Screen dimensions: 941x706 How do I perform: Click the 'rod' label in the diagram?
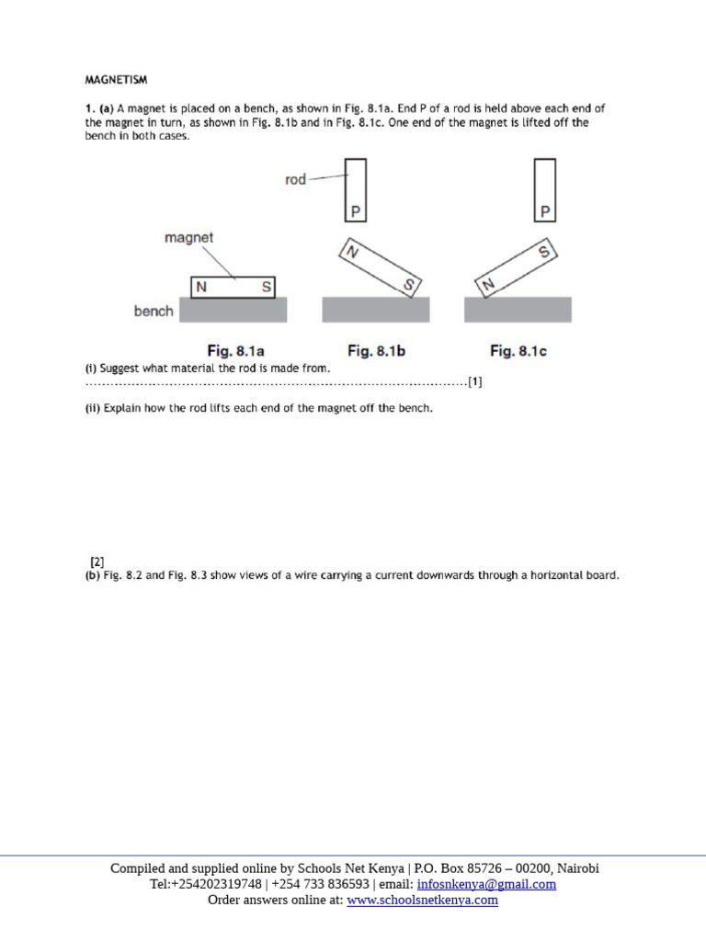click(x=295, y=180)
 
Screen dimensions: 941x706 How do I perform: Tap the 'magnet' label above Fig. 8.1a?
click(x=189, y=238)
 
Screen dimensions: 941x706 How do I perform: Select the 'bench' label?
click(x=153, y=312)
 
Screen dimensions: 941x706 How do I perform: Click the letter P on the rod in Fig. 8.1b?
click(x=356, y=212)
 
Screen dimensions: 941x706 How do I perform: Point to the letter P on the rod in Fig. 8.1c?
click(x=545, y=212)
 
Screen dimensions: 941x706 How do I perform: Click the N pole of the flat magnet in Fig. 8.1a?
click(x=199, y=288)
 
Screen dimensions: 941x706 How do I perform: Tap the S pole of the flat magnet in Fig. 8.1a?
click(x=266, y=288)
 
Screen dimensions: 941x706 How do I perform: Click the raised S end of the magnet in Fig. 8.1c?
click(x=544, y=251)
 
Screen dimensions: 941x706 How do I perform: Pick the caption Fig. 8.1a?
click(x=233, y=351)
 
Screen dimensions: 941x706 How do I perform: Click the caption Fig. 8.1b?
click(x=375, y=351)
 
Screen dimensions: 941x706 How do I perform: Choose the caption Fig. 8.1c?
click(x=518, y=351)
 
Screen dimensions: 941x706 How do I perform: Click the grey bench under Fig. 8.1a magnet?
click(x=233, y=310)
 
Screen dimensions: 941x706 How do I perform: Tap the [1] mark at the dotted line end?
click(x=474, y=382)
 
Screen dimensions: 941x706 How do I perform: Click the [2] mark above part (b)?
click(x=97, y=561)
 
